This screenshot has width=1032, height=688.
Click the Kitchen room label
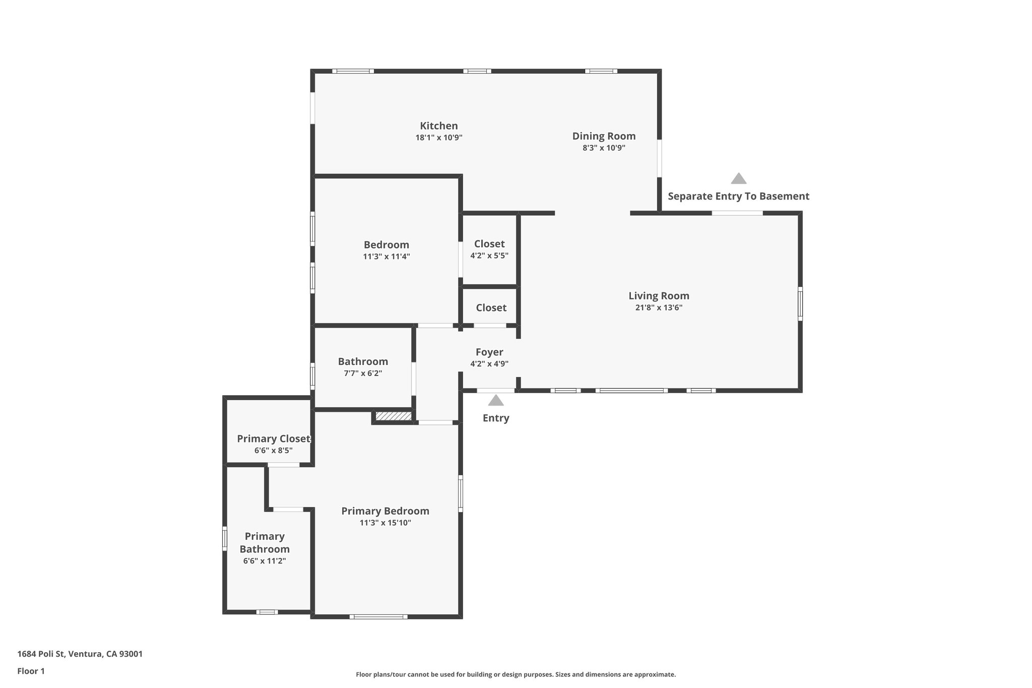(439, 126)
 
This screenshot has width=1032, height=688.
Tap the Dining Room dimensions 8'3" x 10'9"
(604, 148)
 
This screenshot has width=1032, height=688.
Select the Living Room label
(659, 296)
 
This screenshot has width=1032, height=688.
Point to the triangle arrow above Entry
(496, 401)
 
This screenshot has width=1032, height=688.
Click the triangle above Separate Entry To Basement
(738, 178)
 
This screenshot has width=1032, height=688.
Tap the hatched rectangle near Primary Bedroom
(394, 416)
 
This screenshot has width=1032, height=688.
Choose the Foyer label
(489, 352)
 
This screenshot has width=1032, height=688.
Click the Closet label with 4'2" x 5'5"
(489, 244)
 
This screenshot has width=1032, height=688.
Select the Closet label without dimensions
(491, 307)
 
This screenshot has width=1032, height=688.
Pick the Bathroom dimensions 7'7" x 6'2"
(363, 373)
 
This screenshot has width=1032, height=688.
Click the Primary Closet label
(274, 439)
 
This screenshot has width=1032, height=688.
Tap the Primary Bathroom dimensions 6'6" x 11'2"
(265, 560)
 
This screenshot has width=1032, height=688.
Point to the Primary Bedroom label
(385, 511)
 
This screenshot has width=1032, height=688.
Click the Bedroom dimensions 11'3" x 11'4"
(386, 257)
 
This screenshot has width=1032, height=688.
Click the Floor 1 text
(31, 671)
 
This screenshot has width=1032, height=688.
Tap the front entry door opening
(496, 391)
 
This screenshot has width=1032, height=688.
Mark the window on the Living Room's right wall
(800, 303)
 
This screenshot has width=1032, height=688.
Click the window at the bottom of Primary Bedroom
(378, 616)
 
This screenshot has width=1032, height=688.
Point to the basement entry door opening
(737, 213)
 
